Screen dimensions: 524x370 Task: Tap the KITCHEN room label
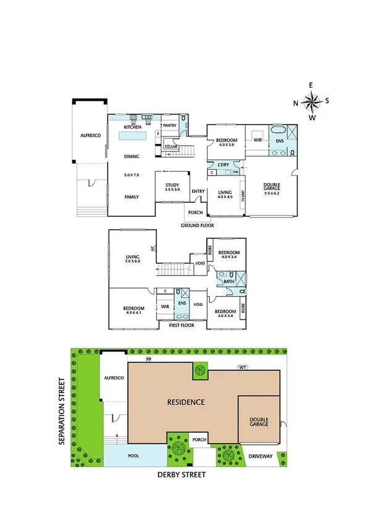[132, 127]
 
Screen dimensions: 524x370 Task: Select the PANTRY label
[170, 125]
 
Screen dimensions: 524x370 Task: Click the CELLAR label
[171, 146]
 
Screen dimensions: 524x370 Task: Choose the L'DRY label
[224, 164]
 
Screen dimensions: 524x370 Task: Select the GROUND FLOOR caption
[197, 226]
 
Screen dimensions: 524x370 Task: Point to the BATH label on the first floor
[229, 281]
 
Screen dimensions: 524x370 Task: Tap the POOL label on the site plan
[134, 456]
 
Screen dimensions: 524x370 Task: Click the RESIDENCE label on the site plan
[185, 402]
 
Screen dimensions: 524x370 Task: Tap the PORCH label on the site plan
[200, 440]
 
